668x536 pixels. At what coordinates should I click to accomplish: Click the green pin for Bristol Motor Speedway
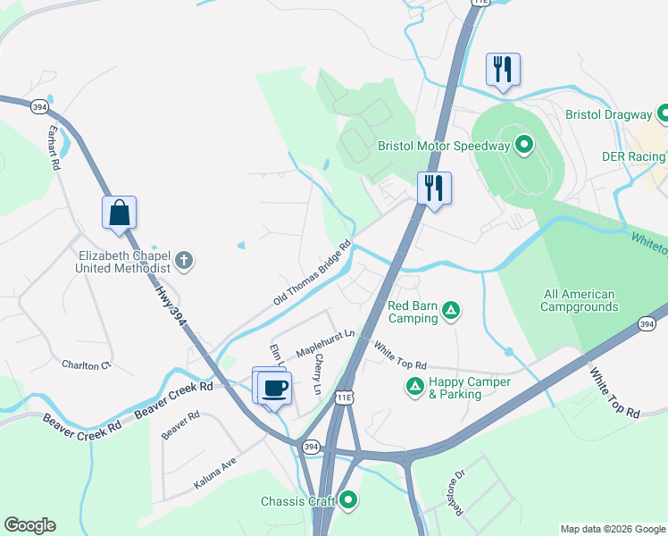point(524,145)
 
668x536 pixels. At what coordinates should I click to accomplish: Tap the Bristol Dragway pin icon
point(663,114)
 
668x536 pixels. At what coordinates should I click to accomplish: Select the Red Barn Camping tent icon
point(452,311)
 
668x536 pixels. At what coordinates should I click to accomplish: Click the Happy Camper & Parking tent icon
point(414,387)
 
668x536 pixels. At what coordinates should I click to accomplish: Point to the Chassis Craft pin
point(349,501)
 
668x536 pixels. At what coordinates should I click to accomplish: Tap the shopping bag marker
point(119,213)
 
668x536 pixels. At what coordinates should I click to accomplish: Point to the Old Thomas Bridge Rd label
point(313,275)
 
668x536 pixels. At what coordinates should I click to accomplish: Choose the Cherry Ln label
point(317,373)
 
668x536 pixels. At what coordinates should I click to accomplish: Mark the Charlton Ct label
point(86,364)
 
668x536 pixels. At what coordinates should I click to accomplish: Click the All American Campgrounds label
point(580,300)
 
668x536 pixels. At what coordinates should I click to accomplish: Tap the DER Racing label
point(632,157)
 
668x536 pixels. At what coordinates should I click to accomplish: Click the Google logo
point(29,525)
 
